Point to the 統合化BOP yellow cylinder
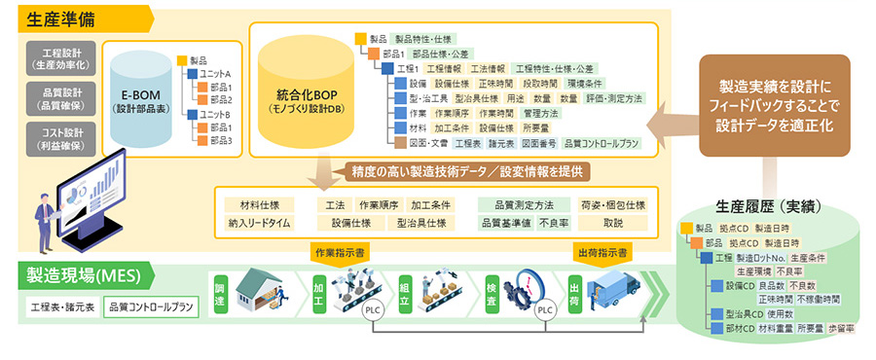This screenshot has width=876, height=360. tap(303, 97)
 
